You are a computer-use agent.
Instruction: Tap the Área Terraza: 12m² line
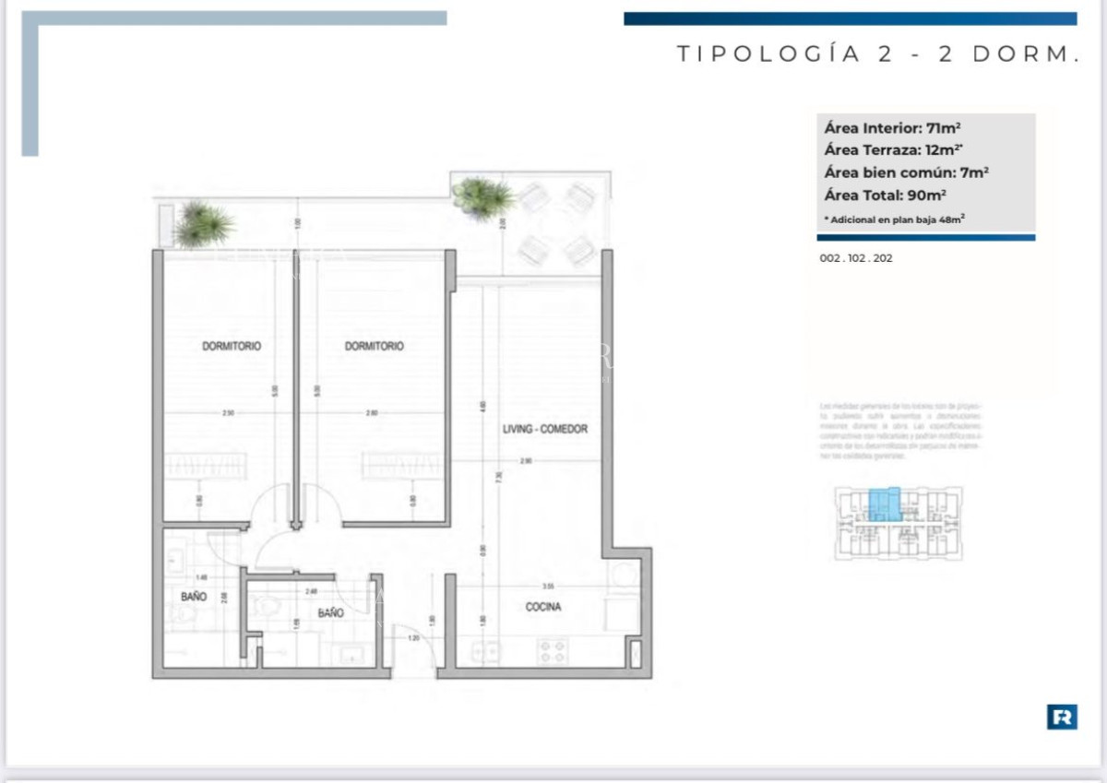pos(882,150)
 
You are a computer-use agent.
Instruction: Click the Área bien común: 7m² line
pos(906,172)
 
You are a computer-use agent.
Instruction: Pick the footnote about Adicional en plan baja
pos(893,219)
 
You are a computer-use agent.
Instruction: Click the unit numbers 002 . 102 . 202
pos(855,259)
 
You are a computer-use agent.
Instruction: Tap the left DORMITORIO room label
pos(231,347)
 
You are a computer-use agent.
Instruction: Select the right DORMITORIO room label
pos(374,347)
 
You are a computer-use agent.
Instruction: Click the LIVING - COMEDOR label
pos(544,430)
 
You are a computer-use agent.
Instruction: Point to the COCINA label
pos(543,607)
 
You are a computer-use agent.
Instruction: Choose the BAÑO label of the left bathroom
pos(194,598)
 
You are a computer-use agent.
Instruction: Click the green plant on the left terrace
pos(204,223)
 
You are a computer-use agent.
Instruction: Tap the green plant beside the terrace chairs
pos(482,196)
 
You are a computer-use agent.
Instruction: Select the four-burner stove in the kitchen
pos(553,651)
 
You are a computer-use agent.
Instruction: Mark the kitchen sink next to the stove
pos(486,651)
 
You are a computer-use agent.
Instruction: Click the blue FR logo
pos(1062,717)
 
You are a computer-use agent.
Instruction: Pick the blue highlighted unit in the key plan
pos(884,504)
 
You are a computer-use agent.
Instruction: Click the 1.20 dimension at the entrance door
pos(412,638)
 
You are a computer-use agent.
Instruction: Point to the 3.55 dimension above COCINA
pos(547,586)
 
